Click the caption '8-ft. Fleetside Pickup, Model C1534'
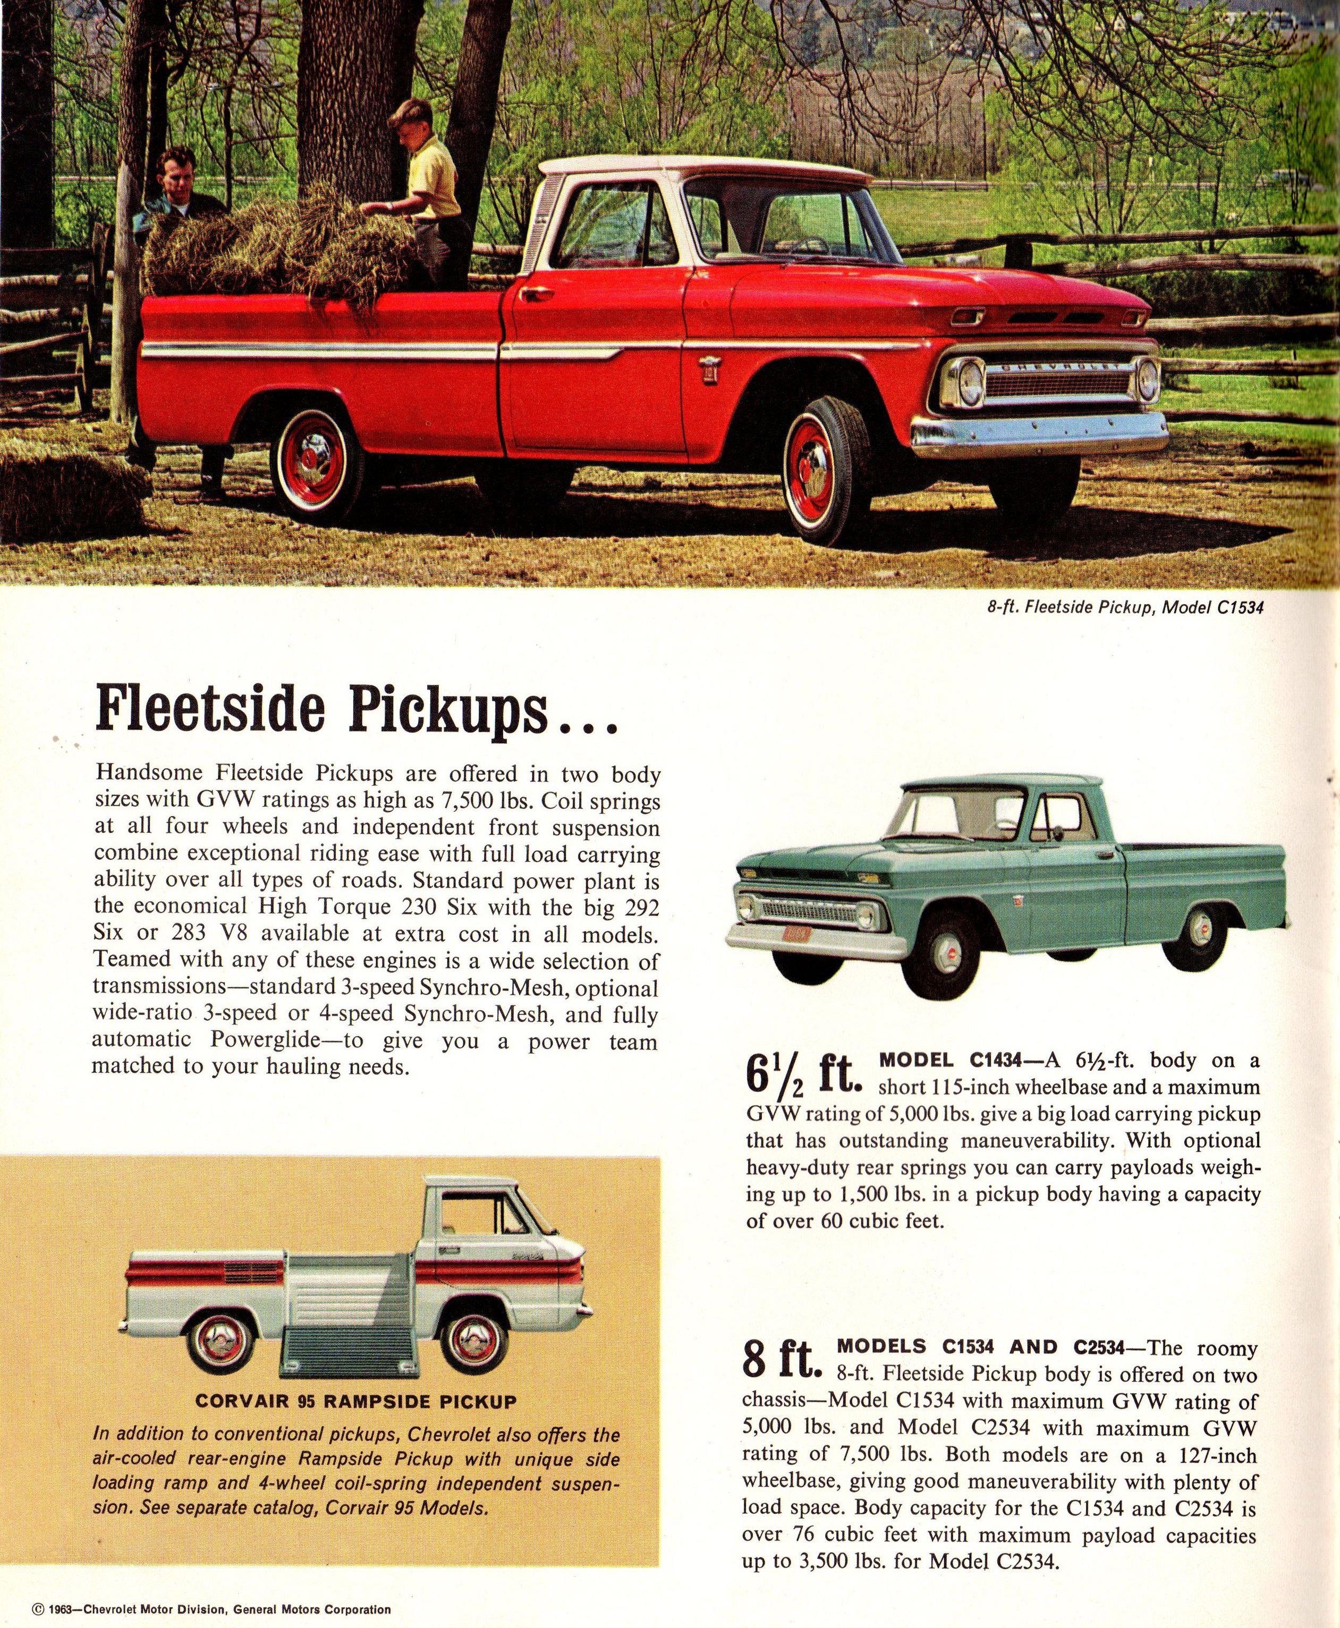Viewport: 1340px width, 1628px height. coord(1125,607)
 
